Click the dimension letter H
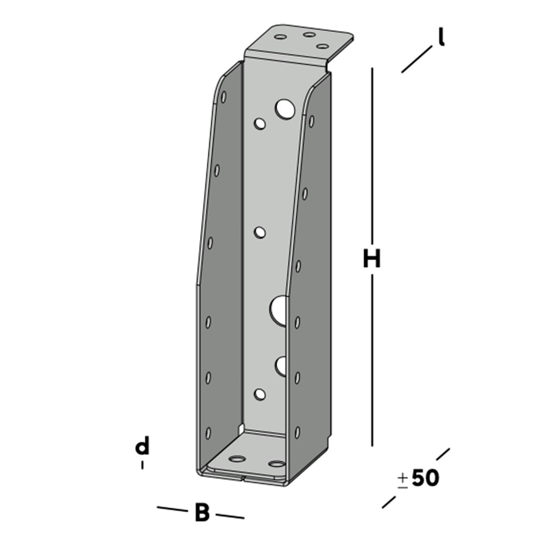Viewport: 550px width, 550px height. [372, 258]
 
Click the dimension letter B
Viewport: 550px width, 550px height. [202, 513]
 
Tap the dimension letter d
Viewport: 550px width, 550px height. [142, 446]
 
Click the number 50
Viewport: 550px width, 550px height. [425, 477]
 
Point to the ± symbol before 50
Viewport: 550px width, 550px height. [403, 481]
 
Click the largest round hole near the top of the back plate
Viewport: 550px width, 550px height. [285, 109]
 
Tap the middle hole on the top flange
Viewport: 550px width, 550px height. [309, 35]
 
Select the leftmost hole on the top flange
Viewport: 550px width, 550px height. [280, 36]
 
